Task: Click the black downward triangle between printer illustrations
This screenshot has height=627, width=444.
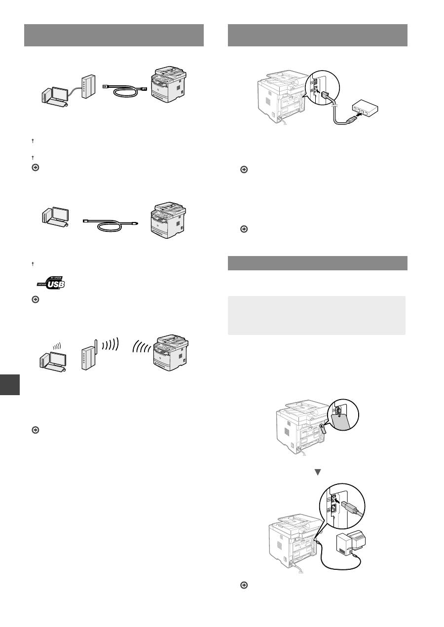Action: pos(318,472)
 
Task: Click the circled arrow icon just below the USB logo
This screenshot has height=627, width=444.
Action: pos(35,299)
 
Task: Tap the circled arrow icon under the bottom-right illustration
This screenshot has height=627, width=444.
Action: pos(243,585)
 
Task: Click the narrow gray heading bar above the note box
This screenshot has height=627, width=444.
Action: pos(317,263)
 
